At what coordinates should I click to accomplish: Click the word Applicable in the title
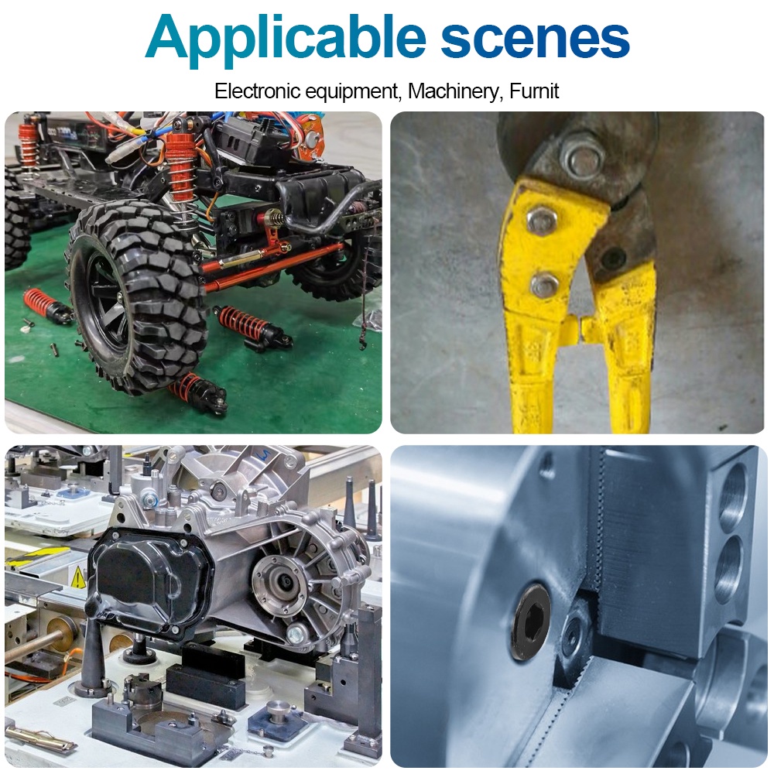point(286,39)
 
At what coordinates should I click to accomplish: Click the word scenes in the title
point(535,39)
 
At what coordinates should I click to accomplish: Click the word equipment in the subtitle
point(351,92)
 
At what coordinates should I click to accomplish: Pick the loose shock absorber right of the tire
point(252,327)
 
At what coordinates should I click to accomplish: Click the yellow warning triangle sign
point(78,577)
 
